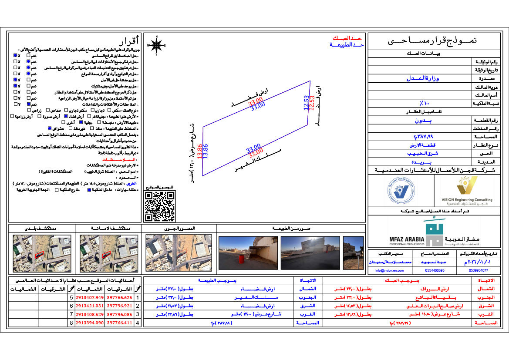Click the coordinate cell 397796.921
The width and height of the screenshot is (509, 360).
pos(119,306)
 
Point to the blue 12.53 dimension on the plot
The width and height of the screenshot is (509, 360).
pos(306,103)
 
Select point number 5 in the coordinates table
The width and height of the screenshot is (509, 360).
pos(72,297)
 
